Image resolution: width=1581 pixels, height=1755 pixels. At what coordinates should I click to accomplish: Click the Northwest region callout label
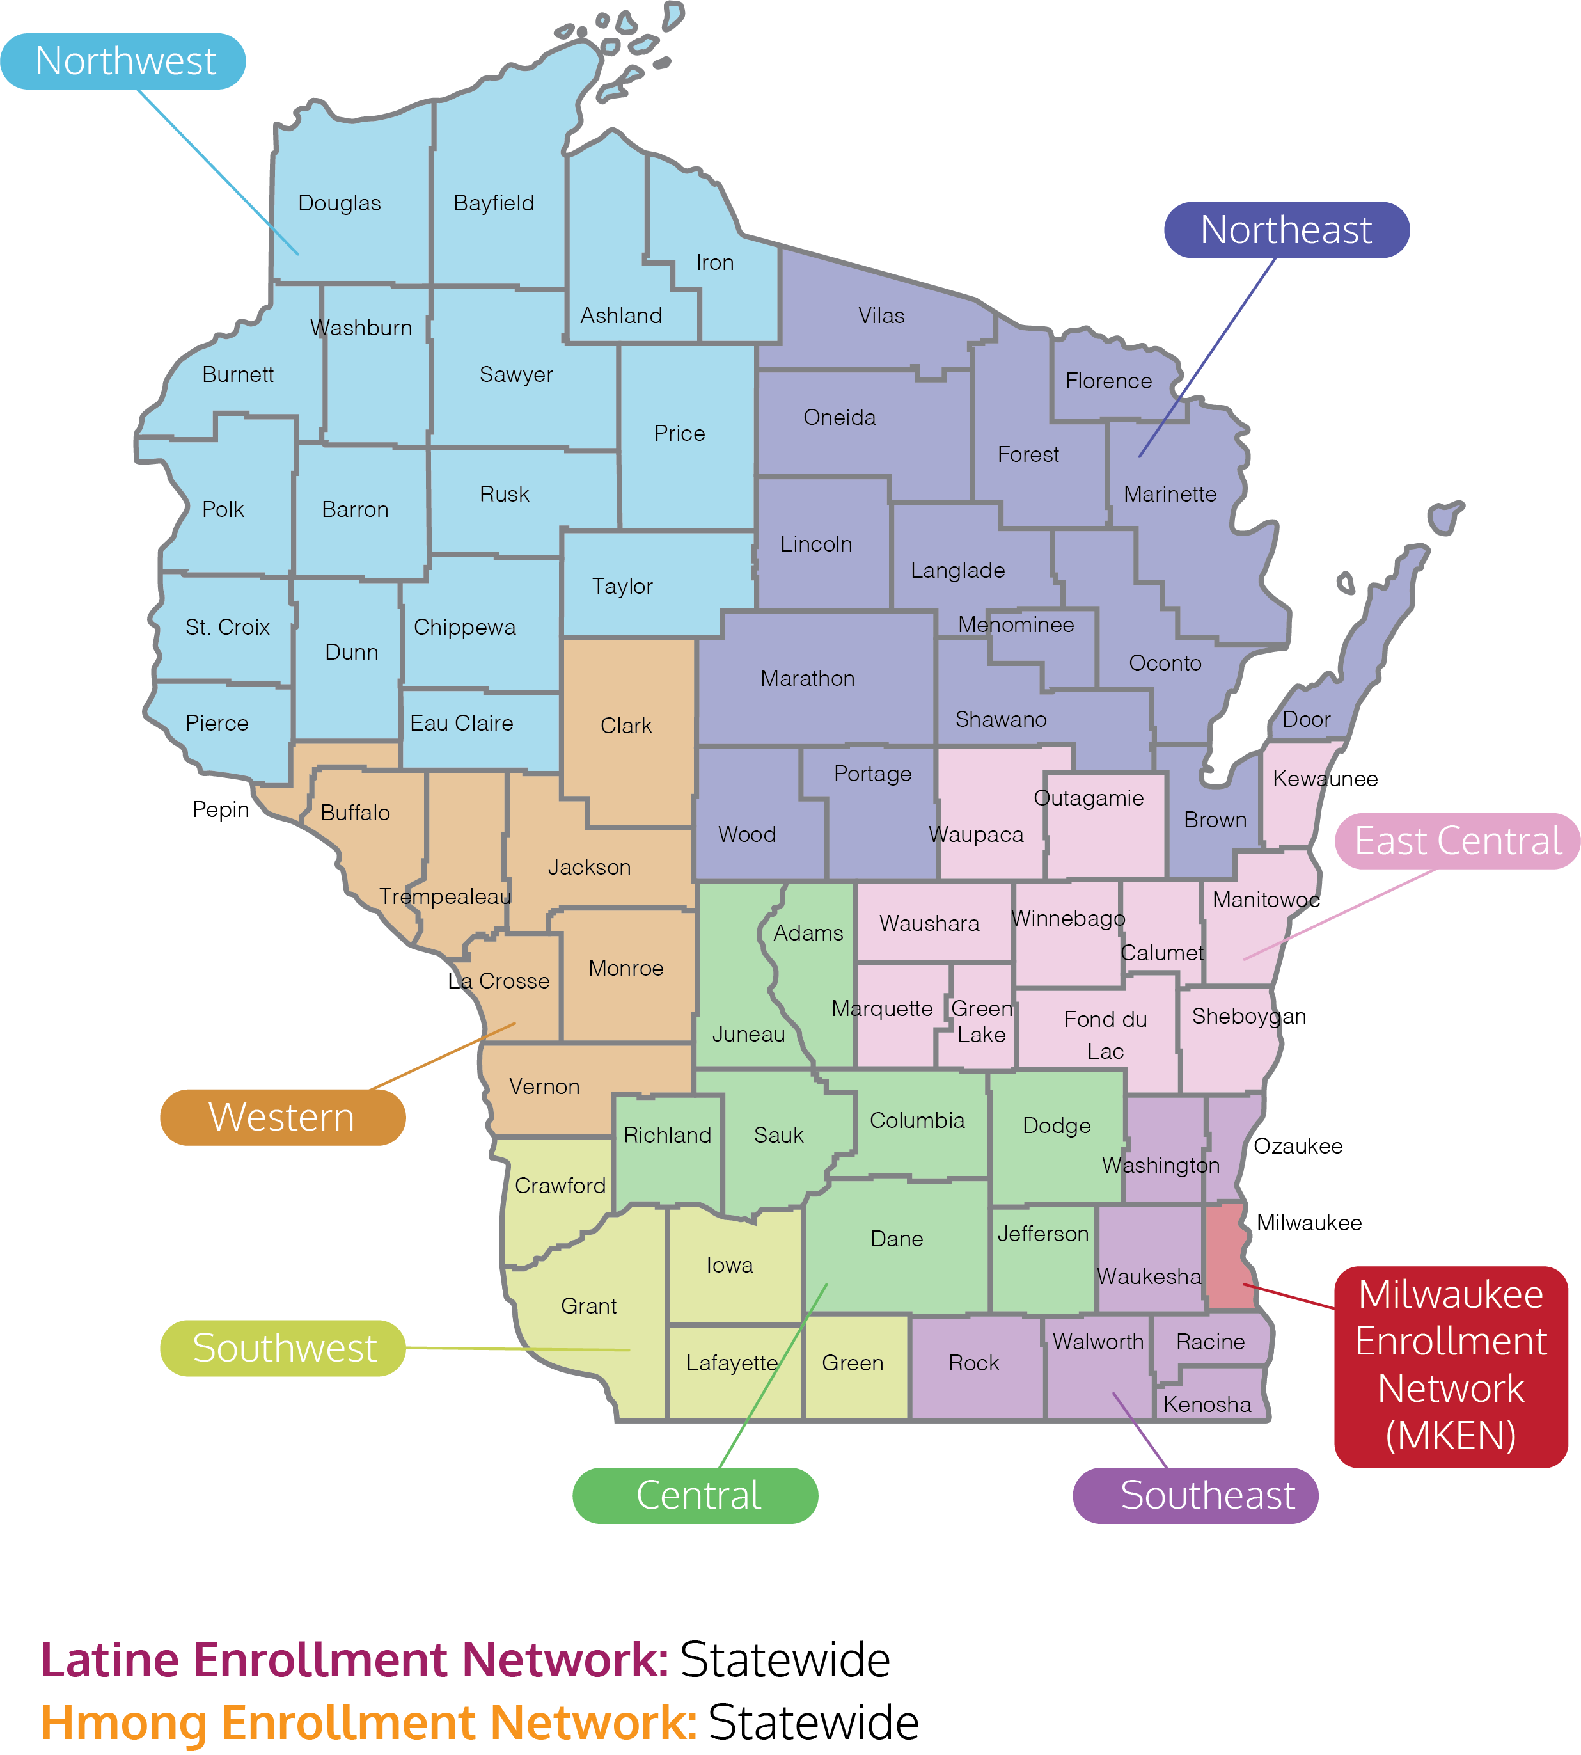click(123, 61)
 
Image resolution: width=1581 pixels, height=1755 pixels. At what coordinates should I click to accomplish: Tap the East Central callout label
click(1458, 841)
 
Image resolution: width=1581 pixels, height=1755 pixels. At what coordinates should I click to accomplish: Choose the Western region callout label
click(282, 1117)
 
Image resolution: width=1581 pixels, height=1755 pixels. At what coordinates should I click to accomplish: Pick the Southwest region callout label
click(283, 1348)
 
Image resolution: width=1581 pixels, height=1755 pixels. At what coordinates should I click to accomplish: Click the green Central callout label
click(696, 1495)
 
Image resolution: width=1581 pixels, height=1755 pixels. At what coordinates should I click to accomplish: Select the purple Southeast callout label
click(1195, 1495)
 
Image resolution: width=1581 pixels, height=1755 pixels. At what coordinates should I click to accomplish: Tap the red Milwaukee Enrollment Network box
click(1451, 1366)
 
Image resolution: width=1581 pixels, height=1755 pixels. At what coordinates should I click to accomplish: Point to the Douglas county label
click(340, 203)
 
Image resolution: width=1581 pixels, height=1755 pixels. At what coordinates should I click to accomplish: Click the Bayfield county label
click(494, 203)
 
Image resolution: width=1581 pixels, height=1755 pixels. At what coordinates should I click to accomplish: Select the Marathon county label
click(808, 679)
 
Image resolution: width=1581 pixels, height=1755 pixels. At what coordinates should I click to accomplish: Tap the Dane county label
click(897, 1239)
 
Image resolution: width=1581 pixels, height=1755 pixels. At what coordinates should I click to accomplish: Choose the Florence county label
click(1108, 381)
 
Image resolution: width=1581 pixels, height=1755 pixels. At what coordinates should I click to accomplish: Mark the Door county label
click(1307, 719)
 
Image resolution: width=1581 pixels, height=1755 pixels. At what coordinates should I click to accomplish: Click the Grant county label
click(589, 1306)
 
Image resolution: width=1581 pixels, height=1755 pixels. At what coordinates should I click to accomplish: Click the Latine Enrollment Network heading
click(354, 1660)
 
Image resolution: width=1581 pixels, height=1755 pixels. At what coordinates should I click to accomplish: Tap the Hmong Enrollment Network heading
click(369, 1723)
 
